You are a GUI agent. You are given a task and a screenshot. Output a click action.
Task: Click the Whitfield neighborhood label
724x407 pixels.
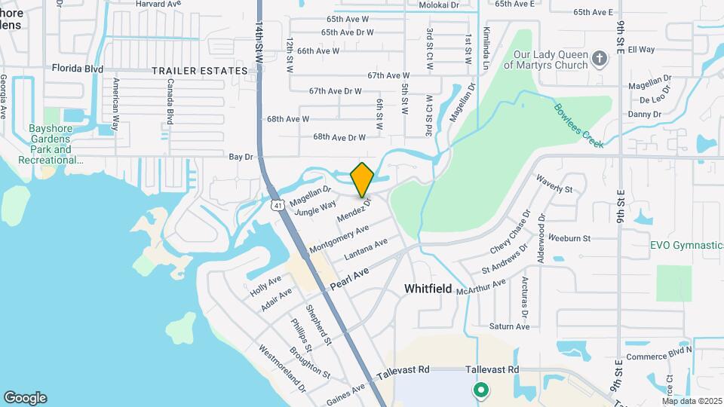point(428,289)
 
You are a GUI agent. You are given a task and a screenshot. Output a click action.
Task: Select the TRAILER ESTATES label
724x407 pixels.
point(199,71)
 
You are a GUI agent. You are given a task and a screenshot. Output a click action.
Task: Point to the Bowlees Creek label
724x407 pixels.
point(578,125)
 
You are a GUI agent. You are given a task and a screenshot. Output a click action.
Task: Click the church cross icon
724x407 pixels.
point(600,59)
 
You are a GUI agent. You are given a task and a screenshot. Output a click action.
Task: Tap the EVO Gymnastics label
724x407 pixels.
point(686,245)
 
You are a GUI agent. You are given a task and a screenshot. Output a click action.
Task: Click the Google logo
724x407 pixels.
point(25,398)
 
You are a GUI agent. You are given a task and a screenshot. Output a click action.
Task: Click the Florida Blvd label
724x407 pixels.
point(77,69)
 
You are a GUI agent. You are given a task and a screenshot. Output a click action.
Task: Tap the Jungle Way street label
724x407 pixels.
point(315,209)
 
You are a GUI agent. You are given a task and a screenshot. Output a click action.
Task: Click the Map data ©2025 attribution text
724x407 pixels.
point(692,401)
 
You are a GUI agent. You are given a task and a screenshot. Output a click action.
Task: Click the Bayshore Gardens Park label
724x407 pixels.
point(50,144)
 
